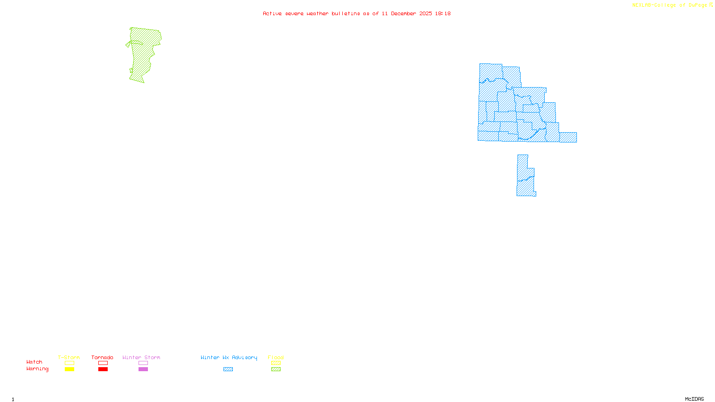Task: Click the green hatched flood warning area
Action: point(142,54)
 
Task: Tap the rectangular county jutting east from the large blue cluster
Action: point(568,137)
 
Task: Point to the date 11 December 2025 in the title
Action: point(407,13)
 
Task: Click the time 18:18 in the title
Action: point(443,13)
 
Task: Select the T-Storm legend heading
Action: point(69,357)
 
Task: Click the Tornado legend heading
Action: point(102,357)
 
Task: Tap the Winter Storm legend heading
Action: point(141,357)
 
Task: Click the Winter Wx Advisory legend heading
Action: point(229,357)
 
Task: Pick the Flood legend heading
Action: point(276,357)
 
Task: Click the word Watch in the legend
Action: point(34,362)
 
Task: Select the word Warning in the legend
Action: point(37,369)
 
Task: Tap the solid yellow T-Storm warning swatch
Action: point(69,369)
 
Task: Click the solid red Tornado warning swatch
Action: point(103,369)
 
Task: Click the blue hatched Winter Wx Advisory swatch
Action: point(228,369)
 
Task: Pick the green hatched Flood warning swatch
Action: point(276,369)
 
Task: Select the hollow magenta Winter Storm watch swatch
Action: point(143,363)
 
